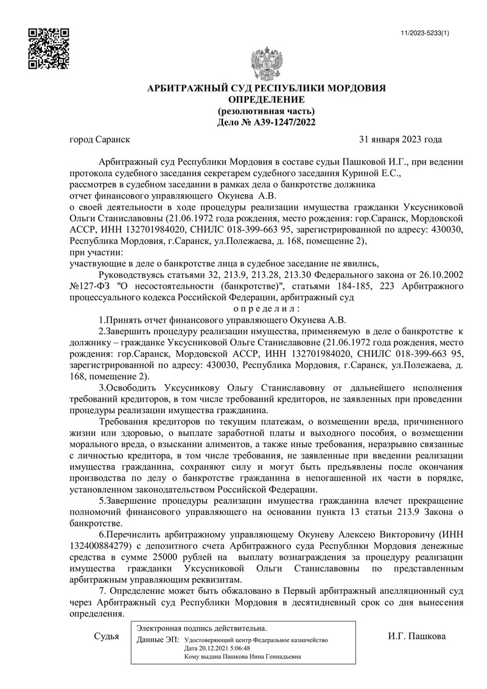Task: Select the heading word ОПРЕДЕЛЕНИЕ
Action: [267, 100]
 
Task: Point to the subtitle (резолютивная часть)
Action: [267, 111]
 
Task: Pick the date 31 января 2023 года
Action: [401, 140]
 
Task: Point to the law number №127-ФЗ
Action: [91, 286]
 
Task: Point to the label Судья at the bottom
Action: [107, 637]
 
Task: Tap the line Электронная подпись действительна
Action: [201, 628]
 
